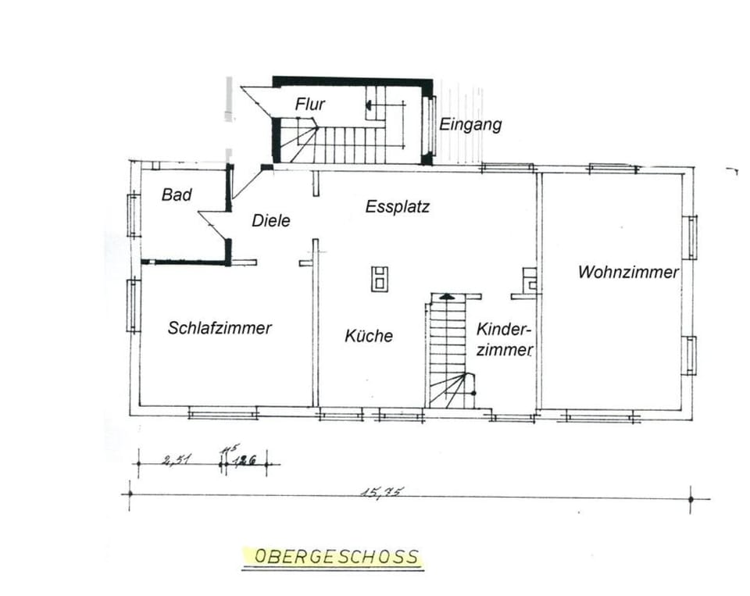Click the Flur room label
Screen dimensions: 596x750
click(310, 104)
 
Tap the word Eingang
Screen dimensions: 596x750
click(470, 124)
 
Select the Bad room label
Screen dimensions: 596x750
click(177, 195)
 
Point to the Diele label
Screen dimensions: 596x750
click(271, 221)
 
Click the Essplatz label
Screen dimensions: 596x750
click(398, 207)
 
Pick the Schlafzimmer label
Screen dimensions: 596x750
click(220, 328)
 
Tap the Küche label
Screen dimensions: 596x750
click(369, 336)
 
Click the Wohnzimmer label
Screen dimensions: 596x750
click(628, 273)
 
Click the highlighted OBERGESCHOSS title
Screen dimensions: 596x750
click(337, 557)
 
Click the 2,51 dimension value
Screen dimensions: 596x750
click(176, 460)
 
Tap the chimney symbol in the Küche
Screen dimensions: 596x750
click(380, 278)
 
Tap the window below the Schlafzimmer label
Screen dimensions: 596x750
click(223, 412)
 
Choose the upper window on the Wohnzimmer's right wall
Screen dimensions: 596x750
click(691, 237)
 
